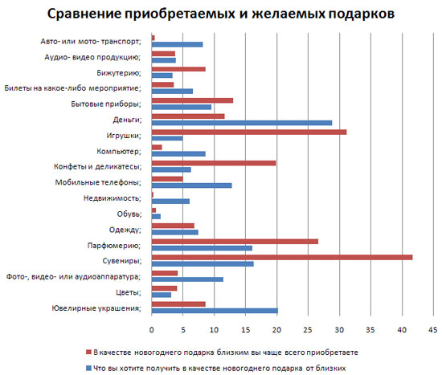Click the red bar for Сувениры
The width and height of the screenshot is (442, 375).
(282, 257)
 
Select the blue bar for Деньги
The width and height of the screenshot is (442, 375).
(242, 123)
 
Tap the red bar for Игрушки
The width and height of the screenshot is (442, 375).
(249, 132)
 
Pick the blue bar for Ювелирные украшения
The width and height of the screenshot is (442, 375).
(215, 311)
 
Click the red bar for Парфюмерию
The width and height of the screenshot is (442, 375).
(235, 242)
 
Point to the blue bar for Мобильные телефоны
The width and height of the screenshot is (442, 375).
(192, 185)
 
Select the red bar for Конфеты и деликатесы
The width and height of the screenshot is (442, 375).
(214, 163)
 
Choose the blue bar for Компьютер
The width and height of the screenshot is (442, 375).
(178, 154)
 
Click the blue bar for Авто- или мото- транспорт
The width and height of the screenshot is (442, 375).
(177, 44)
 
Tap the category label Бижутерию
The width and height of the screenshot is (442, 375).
(119, 73)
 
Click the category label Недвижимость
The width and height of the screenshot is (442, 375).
(113, 198)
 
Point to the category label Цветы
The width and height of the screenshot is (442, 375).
(129, 292)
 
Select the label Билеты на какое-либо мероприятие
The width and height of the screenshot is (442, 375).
(72, 88)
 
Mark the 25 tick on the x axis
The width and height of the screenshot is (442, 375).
(308, 330)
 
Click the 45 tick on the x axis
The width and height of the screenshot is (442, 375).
(432, 330)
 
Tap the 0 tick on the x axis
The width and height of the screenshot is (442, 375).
(152, 330)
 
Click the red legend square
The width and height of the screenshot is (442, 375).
(88, 353)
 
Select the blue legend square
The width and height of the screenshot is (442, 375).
(88, 369)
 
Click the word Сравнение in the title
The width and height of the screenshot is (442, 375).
(84, 14)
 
